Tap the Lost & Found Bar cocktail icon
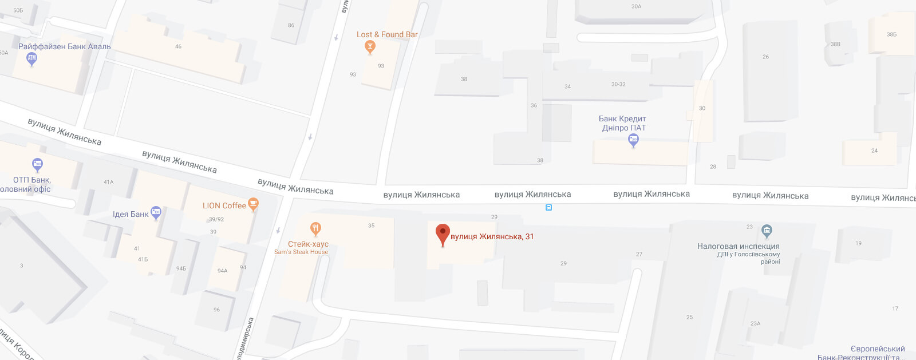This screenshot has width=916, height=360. point(370,47)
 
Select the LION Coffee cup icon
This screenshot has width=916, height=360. point(253,204)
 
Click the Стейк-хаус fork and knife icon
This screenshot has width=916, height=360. point(315,229)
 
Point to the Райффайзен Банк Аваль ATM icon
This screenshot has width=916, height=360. point(32,58)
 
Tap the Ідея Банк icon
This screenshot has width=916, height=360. point(156,213)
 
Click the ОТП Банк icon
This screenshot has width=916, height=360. point(37,165)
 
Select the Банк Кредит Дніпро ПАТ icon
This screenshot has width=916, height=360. point(633,140)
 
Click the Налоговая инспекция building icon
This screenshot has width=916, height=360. point(767,231)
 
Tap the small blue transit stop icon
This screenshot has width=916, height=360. point(548,208)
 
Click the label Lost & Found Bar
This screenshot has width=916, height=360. point(387,34)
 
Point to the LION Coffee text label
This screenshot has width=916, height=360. point(224,205)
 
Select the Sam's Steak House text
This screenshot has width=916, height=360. point(301,252)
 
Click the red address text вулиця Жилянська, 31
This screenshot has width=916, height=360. point(492,236)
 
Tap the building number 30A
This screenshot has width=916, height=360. point(636,7)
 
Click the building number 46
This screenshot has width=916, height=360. point(178,46)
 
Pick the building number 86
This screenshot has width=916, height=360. point(291,25)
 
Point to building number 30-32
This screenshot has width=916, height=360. point(618,84)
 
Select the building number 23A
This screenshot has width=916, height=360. point(755,323)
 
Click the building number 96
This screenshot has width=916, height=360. point(216,310)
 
